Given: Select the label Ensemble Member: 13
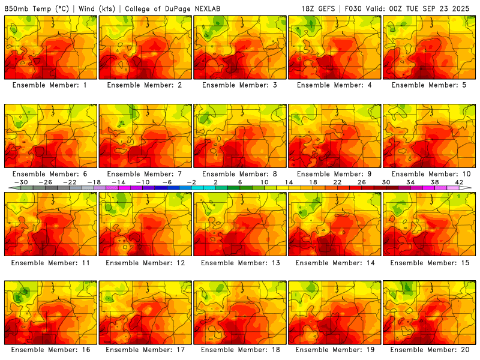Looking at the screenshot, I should (242, 263).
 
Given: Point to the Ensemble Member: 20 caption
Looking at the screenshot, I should (431, 350).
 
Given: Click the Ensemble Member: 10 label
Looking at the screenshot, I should (431, 174).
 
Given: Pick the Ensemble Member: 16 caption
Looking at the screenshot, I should (52, 350).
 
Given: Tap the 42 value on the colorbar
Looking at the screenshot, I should (460, 182).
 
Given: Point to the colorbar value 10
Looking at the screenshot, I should (264, 182).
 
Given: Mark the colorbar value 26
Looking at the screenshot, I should (361, 182).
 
